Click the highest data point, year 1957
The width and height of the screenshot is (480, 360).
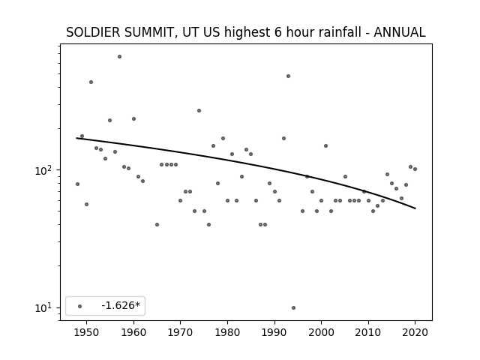coord(119,57)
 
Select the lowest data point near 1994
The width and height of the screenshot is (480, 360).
coord(293,308)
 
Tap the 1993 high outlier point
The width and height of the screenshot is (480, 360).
coord(288,76)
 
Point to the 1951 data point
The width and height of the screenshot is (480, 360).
coord(91,82)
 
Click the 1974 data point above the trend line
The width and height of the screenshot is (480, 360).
coord(199,110)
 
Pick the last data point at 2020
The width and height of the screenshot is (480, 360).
coord(415,169)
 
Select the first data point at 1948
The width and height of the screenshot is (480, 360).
coord(77,184)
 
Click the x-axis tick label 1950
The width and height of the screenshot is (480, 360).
coord(87,332)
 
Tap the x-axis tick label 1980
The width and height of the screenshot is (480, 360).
coord(227,332)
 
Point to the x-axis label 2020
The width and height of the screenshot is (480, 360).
coord(415,332)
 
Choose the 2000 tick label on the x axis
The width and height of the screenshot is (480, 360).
coord(322,332)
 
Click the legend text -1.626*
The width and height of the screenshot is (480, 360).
coord(121,305)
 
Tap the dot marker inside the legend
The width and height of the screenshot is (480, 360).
coord(80,306)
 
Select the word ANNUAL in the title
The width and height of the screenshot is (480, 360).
coord(400,32)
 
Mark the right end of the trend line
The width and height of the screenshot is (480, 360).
coord(415,208)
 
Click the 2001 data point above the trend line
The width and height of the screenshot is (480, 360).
coord(325,145)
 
